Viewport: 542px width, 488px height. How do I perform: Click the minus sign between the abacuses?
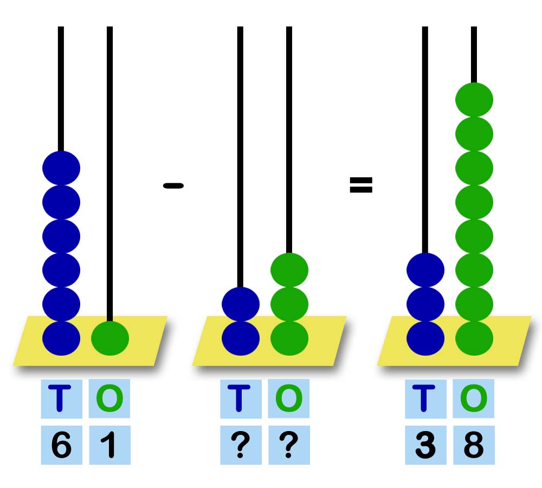click(x=173, y=186)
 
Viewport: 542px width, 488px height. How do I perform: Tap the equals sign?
click(x=361, y=185)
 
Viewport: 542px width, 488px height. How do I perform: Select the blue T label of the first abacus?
click(x=61, y=399)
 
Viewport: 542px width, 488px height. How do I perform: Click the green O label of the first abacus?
click(x=109, y=399)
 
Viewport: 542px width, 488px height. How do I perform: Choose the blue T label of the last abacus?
click(x=425, y=399)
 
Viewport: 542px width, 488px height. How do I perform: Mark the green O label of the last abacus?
click(x=474, y=399)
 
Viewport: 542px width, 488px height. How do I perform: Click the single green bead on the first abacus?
click(x=110, y=338)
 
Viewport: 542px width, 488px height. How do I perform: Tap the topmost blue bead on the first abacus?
click(x=61, y=168)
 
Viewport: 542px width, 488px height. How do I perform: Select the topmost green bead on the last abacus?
click(x=474, y=99)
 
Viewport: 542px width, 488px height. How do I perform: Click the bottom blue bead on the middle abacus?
click(x=241, y=338)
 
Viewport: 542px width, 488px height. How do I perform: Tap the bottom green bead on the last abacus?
click(x=474, y=338)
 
